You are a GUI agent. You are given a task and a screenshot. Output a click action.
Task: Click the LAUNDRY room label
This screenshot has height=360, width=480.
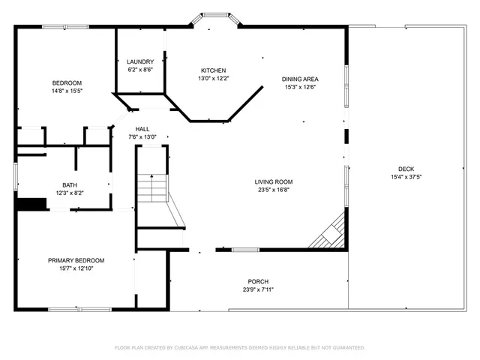click(x=140, y=61)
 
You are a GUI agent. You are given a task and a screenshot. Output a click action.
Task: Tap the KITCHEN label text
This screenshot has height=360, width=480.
click(x=213, y=70)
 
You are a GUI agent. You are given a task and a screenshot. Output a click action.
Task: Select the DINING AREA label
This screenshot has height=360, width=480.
click(x=300, y=79)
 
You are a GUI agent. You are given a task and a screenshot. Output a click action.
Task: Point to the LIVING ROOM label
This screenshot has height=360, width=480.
click(x=273, y=181)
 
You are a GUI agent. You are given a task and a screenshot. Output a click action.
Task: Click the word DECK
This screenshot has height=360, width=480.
click(x=406, y=169)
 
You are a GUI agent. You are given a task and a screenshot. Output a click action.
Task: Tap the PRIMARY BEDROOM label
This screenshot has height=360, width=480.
click(x=76, y=260)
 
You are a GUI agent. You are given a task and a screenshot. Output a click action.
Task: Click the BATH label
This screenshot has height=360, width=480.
click(x=69, y=184)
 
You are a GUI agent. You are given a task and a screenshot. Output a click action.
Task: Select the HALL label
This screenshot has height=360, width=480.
click(x=142, y=129)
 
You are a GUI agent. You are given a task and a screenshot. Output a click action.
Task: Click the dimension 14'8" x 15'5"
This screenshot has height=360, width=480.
click(x=66, y=90)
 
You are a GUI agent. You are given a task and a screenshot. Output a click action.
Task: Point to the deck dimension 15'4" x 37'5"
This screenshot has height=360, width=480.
click(x=406, y=177)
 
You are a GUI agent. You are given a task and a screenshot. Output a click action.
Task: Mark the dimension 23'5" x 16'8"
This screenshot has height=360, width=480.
click(x=273, y=190)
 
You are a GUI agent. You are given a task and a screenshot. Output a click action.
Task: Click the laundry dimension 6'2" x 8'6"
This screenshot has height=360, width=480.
click(x=140, y=70)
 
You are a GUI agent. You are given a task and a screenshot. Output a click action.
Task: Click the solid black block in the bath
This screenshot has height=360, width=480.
click(x=31, y=203)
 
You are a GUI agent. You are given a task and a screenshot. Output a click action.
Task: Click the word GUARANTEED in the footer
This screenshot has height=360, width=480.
click(x=346, y=348)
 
